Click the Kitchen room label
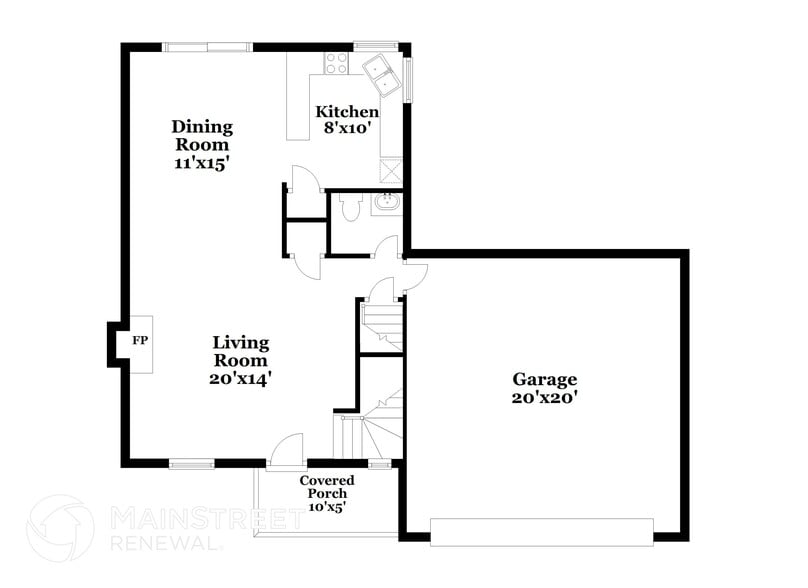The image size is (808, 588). click(347, 112)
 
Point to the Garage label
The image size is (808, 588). click(545, 379)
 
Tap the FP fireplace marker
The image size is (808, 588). click(140, 341)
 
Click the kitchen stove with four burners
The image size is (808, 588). click(335, 63)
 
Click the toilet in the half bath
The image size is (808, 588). click(349, 207)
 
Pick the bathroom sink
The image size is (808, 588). click(386, 204)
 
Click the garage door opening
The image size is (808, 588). click(542, 531)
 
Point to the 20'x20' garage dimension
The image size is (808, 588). click(545, 397)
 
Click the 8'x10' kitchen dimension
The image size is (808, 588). click(347, 128)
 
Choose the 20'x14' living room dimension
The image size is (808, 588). click(241, 379)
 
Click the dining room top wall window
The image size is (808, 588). click(208, 45)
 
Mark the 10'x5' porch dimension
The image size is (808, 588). click(327, 506)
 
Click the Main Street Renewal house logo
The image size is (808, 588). click(60, 528)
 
